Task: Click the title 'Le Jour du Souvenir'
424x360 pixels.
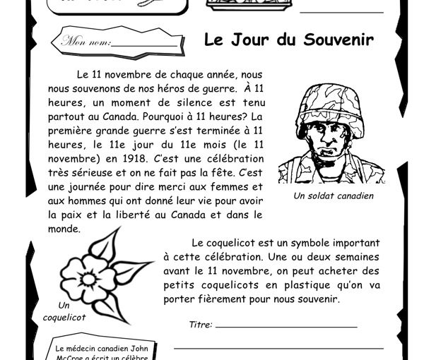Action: [x=288, y=40]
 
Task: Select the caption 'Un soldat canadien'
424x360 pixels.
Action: [x=334, y=196]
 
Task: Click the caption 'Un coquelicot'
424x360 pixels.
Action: [x=66, y=311]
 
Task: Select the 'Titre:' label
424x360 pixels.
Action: [x=201, y=325]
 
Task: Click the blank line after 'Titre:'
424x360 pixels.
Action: [x=286, y=327]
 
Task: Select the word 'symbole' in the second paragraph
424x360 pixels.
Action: [x=306, y=244]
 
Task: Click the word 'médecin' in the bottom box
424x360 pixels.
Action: [x=83, y=349]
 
